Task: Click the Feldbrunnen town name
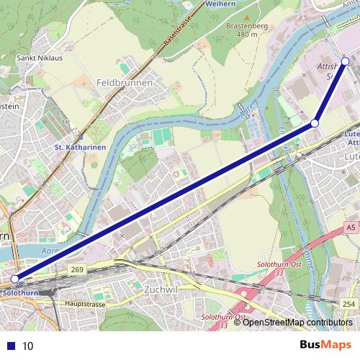click(x=124, y=83)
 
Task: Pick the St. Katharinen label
click(x=80, y=148)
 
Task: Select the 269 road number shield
click(x=78, y=269)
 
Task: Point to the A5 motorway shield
click(x=350, y=228)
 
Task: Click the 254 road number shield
click(x=349, y=305)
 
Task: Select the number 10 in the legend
click(x=28, y=346)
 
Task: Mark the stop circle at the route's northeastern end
click(x=346, y=61)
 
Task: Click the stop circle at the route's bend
click(x=315, y=124)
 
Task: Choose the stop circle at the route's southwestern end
click(x=15, y=279)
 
